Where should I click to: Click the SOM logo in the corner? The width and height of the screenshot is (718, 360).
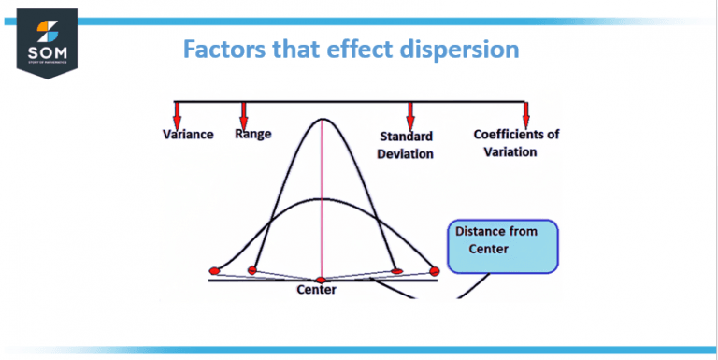click(x=46, y=41)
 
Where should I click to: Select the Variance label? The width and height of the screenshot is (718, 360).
click(x=188, y=134)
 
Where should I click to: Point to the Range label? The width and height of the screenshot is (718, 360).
click(x=253, y=134)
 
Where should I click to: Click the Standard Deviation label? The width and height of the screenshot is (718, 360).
click(x=406, y=145)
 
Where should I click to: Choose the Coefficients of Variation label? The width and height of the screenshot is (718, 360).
click(x=516, y=143)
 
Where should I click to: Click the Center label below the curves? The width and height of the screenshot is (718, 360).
click(x=316, y=290)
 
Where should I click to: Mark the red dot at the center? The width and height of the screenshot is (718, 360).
click(x=321, y=280)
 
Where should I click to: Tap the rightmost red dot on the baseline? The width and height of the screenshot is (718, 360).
click(x=434, y=270)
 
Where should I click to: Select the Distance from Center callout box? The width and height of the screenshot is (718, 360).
click(x=502, y=246)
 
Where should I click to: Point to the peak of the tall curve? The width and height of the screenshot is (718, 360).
click(x=323, y=120)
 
